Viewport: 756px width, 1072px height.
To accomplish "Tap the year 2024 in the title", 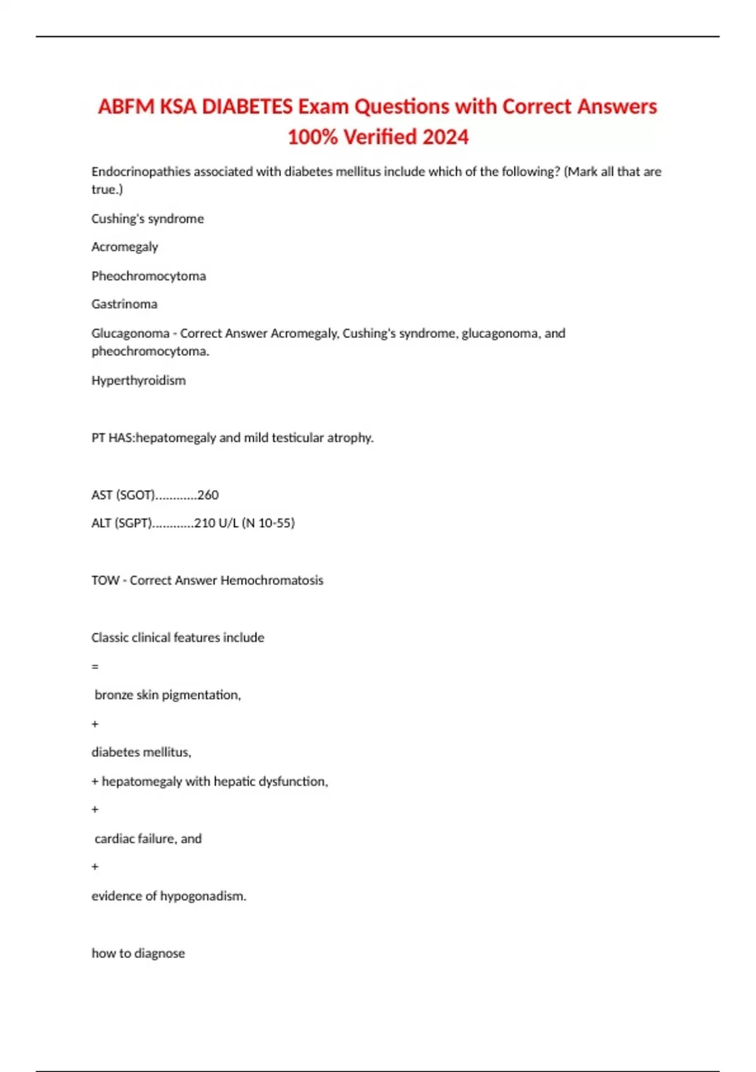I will point(445,137).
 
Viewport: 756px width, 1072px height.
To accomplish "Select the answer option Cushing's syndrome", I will point(147,219).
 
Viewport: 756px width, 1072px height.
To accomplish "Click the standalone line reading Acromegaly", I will point(125,247).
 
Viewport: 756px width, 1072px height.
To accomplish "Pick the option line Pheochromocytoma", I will point(149,276).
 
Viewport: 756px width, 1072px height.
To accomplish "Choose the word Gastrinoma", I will point(125,305).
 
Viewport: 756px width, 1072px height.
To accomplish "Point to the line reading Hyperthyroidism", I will point(139,381).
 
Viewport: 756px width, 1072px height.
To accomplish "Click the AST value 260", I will point(208,495).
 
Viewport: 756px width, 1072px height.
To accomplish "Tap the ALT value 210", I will point(205,523).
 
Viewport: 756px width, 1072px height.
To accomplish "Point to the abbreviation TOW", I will point(105,581).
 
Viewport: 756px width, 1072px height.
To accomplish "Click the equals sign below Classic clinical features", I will point(95,667).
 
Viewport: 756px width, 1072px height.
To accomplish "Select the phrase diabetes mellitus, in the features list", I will point(141,752).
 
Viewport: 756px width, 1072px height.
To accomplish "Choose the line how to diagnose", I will point(138,953).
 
